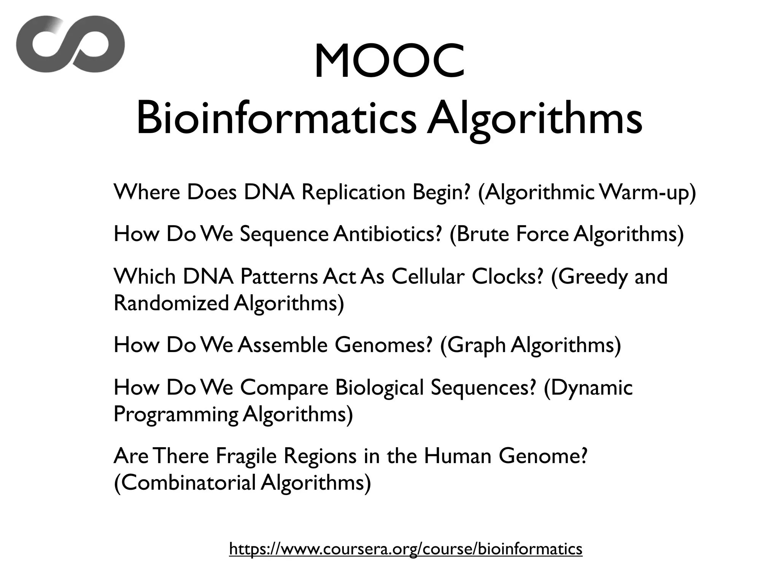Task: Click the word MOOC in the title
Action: point(389,61)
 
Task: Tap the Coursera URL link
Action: point(405,549)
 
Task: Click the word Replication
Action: point(353,192)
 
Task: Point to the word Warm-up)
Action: point(647,193)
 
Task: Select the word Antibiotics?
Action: point(388,234)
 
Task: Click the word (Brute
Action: point(479,234)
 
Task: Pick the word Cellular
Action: point(428,276)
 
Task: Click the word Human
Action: point(458,456)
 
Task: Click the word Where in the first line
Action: point(147,192)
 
